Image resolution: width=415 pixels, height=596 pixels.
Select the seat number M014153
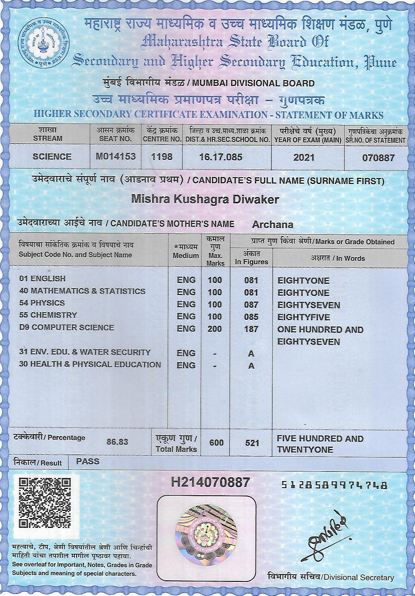(116, 157)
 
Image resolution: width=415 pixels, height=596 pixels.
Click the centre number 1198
(162, 157)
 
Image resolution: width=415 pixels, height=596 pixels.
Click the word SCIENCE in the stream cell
(52, 157)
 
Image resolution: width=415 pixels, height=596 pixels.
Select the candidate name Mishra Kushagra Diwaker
(205, 199)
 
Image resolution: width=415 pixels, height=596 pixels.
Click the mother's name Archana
(273, 225)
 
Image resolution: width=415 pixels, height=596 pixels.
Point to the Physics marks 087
(251, 305)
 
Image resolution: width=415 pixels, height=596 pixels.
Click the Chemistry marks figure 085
(251, 317)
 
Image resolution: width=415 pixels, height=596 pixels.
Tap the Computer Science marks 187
(251, 329)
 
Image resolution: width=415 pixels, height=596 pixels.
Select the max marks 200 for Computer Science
(215, 329)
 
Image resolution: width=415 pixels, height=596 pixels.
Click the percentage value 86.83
(117, 442)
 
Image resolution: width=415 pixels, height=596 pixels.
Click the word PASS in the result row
(88, 461)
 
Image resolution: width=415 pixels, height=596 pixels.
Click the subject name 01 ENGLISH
(42, 279)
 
